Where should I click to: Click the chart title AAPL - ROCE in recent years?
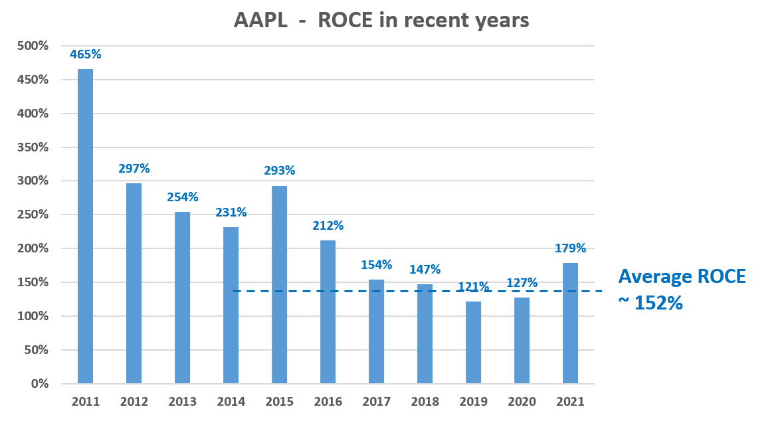point(381,20)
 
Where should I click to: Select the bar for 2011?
point(85,226)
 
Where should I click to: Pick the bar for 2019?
point(473,342)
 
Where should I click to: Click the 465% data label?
point(85,54)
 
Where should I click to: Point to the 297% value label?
point(134,169)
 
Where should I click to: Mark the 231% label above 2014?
point(231,213)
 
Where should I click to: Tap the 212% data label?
point(328,226)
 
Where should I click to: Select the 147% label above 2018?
point(425,269)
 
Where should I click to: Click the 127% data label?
point(522,283)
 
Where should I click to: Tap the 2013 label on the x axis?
point(182,402)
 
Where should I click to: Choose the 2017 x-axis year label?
point(376,402)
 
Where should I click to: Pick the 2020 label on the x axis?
point(522,402)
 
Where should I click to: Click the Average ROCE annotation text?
point(682,277)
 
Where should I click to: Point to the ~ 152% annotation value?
point(650,303)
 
